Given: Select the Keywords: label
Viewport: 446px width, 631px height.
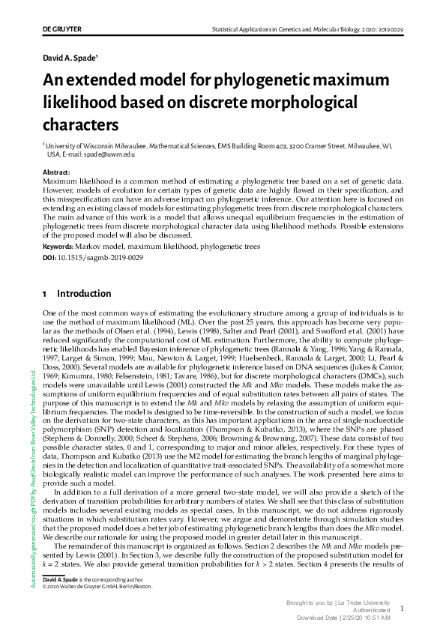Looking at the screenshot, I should (61, 246).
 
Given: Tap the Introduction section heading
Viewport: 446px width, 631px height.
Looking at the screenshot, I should (84, 294).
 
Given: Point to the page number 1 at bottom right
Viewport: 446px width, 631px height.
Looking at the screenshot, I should (402, 609).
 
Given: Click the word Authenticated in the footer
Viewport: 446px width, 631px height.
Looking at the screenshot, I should (371, 610).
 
